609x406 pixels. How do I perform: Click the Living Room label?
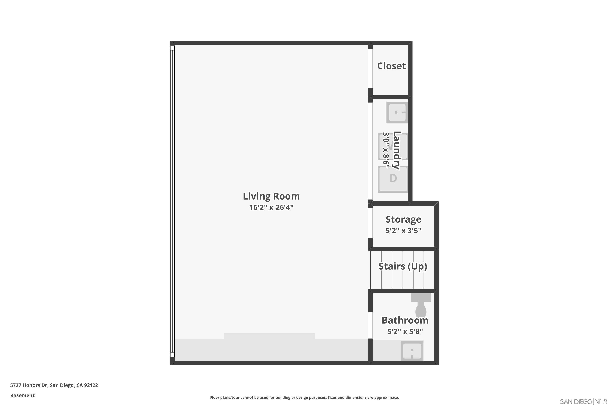(x=271, y=196)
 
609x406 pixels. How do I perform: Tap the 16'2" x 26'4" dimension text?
(x=271, y=207)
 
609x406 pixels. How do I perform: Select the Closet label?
(x=391, y=66)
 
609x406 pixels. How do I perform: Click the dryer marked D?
(x=393, y=179)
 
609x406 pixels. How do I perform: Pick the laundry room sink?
(x=396, y=112)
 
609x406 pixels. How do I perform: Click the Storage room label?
(x=403, y=219)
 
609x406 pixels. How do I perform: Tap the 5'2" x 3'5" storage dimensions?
(x=403, y=230)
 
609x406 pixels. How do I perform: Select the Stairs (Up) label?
(x=403, y=266)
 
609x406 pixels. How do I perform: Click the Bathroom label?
(x=405, y=320)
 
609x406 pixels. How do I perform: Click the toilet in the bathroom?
(x=421, y=306)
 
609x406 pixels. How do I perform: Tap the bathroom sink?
(x=412, y=351)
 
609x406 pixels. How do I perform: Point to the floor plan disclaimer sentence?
(x=304, y=397)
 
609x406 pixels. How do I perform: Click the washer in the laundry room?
(x=393, y=146)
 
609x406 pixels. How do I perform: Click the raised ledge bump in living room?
(x=269, y=336)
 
